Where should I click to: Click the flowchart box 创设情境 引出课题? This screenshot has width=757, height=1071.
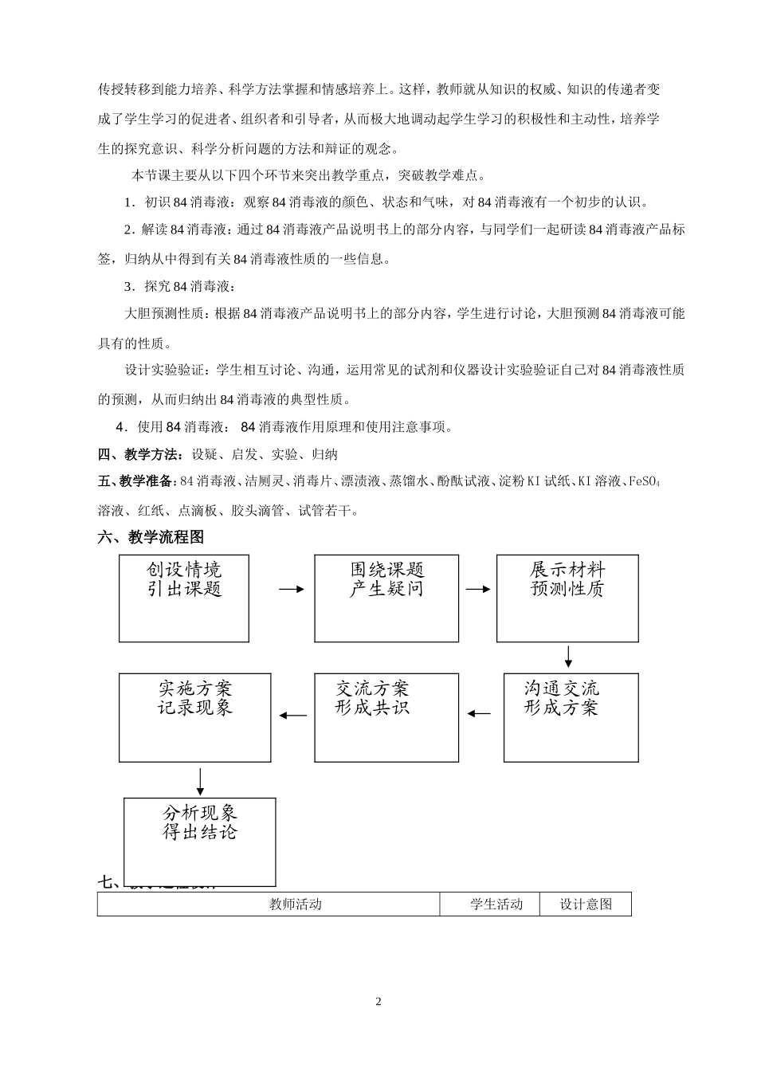coord(184,598)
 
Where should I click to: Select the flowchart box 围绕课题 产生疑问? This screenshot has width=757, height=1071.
coord(386,598)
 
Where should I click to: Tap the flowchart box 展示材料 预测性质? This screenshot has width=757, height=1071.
coord(567,598)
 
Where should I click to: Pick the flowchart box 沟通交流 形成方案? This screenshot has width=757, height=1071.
coord(571,717)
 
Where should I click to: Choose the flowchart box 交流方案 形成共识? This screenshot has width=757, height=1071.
coord(386,717)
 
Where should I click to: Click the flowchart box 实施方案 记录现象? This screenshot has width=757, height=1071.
coord(195,717)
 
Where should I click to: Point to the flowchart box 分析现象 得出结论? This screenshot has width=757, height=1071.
coord(200,841)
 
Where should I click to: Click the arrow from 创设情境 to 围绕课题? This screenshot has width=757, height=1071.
coord(292,589)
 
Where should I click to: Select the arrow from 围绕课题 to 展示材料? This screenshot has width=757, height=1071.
coord(477,589)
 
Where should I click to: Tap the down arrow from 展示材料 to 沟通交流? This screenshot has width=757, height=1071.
coord(568,656)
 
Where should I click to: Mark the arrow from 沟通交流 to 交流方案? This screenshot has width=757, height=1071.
coord(480,713)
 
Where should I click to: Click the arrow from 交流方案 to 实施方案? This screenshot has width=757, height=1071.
coord(293,714)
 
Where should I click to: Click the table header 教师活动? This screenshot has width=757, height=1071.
coord(295,904)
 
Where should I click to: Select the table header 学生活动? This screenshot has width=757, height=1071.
coord(496,904)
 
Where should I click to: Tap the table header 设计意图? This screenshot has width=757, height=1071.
coord(586,904)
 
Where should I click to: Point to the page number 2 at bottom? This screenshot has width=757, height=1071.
coord(378,1002)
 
